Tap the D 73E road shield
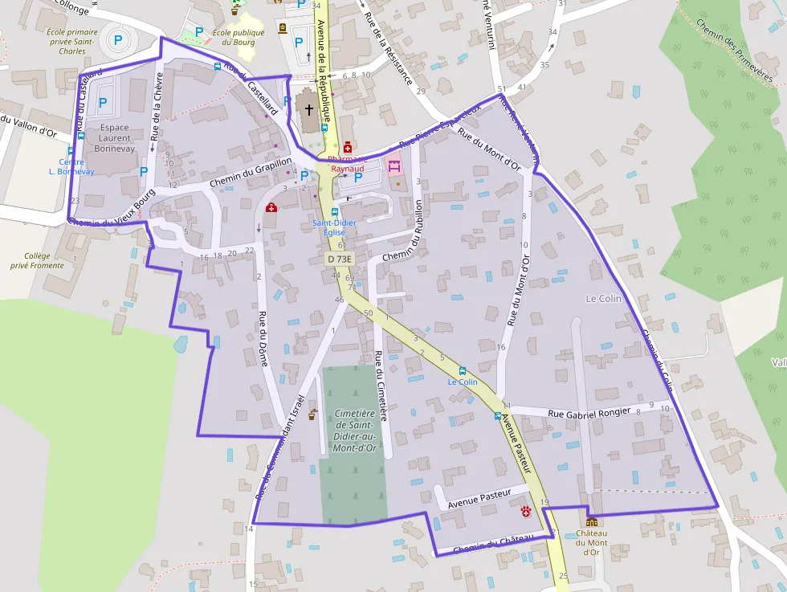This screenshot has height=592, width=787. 340,259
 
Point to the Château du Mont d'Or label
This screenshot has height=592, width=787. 591,542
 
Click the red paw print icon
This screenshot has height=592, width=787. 525,512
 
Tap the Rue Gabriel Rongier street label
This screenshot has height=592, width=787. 589,413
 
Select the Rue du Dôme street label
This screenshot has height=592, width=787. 262,338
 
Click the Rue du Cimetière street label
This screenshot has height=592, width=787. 381,386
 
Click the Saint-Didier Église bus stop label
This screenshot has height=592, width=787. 334,227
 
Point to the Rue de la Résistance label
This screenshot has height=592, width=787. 389,49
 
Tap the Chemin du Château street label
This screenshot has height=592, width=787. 493,545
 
